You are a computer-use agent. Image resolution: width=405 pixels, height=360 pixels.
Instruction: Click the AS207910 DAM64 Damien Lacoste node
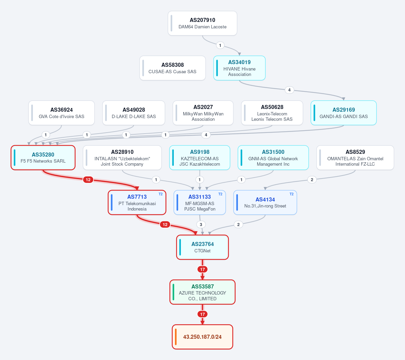pyautogui.click(x=202, y=23)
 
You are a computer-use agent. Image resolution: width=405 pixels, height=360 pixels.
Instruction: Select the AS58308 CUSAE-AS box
pyautogui.click(x=172, y=68)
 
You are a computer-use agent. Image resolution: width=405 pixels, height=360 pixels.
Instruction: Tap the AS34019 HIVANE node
pyautogui.click(x=239, y=68)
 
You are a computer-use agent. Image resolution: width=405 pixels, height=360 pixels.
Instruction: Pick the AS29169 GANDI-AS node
pyautogui.click(x=344, y=113)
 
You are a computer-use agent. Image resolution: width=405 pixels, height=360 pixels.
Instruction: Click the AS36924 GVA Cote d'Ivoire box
pyautogui.click(x=61, y=113)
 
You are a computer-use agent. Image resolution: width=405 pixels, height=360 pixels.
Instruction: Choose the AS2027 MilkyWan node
pyautogui.click(x=203, y=113)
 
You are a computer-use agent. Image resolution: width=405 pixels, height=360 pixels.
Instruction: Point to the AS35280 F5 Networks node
pyautogui.click(x=43, y=158)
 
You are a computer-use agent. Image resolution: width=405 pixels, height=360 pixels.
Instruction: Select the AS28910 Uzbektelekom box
pyautogui.click(x=122, y=158)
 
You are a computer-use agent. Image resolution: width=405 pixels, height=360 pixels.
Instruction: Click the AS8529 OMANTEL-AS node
pyautogui.click(x=355, y=158)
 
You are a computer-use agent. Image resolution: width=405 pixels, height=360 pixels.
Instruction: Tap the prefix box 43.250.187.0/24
pyautogui.click(x=202, y=337)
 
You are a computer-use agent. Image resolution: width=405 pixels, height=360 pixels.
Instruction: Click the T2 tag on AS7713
pyautogui.click(x=161, y=194)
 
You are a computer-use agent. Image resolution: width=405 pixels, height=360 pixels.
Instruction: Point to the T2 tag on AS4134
pyautogui.click(x=292, y=194)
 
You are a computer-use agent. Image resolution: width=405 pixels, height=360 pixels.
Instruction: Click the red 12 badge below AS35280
pyautogui.click(x=88, y=180)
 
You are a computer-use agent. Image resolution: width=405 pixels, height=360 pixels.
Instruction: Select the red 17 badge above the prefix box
pyautogui.click(x=202, y=314)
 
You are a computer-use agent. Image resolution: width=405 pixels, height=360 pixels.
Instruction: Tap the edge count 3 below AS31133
pyautogui.click(x=201, y=224)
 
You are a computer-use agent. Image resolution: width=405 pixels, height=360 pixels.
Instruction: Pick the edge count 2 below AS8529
pyautogui.click(x=312, y=180)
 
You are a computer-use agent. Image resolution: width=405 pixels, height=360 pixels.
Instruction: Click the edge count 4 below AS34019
pyautogui.click(x=289, y=90)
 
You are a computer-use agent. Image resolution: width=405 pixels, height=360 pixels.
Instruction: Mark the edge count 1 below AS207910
pyautogui.click(x=220, y=45)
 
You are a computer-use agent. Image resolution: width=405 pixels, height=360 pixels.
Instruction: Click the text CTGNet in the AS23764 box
pyautogui.click(x=202, y=251)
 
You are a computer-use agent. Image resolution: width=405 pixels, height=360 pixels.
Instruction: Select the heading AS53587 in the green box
pyautogui.click(x=202, y=286)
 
